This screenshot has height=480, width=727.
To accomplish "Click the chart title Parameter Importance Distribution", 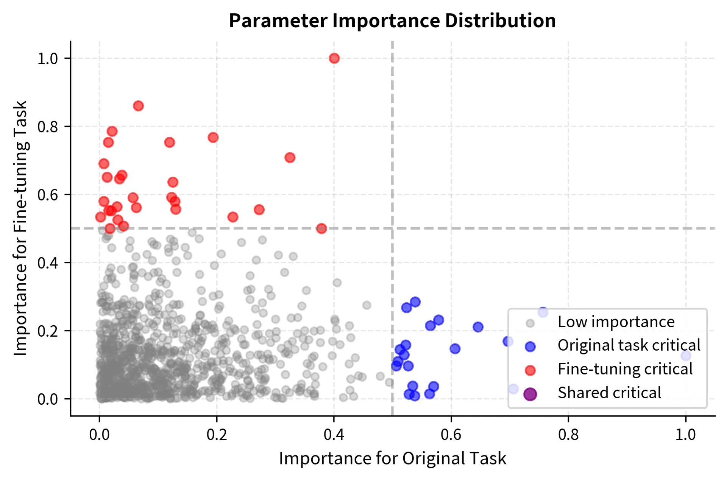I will (x=392, y=21).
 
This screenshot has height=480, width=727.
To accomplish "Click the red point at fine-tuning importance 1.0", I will (x=334, y=58).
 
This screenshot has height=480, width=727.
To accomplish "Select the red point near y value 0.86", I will (x=138, y=106).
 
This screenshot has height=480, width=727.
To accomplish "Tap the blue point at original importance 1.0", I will (x=685, y=356).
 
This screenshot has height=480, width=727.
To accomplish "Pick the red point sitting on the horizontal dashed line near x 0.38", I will (x=321, y=228).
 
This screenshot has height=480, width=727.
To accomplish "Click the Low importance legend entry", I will (x=616, y=322).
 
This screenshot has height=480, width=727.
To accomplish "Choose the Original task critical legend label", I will (x=629, y=346).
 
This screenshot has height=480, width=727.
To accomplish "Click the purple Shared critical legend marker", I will (x=530, y=394).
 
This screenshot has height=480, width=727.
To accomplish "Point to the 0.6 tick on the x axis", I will (x=451, y=435).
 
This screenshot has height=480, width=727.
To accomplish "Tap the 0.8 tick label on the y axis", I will (x=47, y=127).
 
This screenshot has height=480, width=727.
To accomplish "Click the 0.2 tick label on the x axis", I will (x=217, y=435).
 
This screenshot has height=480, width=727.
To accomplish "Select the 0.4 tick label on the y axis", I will (x=47, y=263).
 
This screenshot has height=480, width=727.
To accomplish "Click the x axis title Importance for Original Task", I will (x=392, y=458).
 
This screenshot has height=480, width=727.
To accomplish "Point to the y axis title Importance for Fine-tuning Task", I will (x=20, y=228).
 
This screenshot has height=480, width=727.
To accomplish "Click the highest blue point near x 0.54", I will (x=415, y=302).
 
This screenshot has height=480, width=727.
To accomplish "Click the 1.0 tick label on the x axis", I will (x=685, y=435).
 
